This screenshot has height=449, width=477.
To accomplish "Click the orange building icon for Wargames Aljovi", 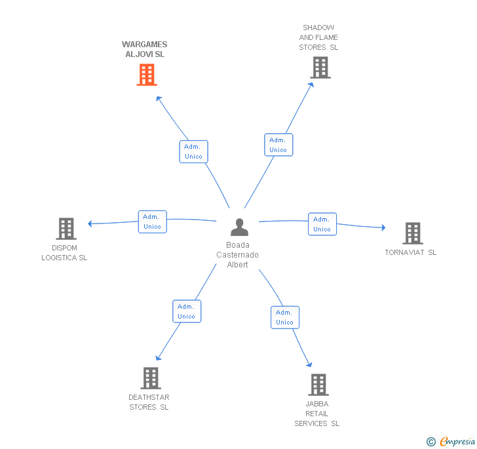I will [147, 75].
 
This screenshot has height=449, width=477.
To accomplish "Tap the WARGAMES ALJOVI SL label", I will [145, 50].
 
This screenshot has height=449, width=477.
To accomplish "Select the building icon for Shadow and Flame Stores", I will [320, 68].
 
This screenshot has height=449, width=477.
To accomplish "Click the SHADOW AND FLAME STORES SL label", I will [318, 37].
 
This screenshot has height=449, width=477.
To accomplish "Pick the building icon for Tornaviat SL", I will [412, 233].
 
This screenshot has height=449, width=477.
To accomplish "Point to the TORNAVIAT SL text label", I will [410, 253].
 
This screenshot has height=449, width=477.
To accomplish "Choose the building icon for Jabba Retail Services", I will [318, 385].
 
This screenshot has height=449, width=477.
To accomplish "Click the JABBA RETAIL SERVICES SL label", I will [316, 414].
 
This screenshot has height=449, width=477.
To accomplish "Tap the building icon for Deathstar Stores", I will [151, 378].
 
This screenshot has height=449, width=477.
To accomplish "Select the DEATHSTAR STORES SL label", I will [149, 402].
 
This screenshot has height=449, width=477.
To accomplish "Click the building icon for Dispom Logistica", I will [66, 229].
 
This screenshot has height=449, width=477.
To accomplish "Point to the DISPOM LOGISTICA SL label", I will [64, 253].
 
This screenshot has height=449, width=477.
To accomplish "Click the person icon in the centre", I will [239, 227].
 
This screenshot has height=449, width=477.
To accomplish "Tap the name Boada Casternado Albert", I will [238, 255].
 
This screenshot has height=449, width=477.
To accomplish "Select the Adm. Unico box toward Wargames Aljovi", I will [193, 151].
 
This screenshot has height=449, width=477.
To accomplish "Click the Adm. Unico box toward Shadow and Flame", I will [278, 145].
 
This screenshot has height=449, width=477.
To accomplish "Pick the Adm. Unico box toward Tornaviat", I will [322, 224].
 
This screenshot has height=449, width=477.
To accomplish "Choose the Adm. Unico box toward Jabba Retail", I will [284, 317].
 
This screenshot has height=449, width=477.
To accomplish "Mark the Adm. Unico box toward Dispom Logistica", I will [152, 222].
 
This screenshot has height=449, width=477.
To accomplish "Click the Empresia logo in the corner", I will [451, 442].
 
